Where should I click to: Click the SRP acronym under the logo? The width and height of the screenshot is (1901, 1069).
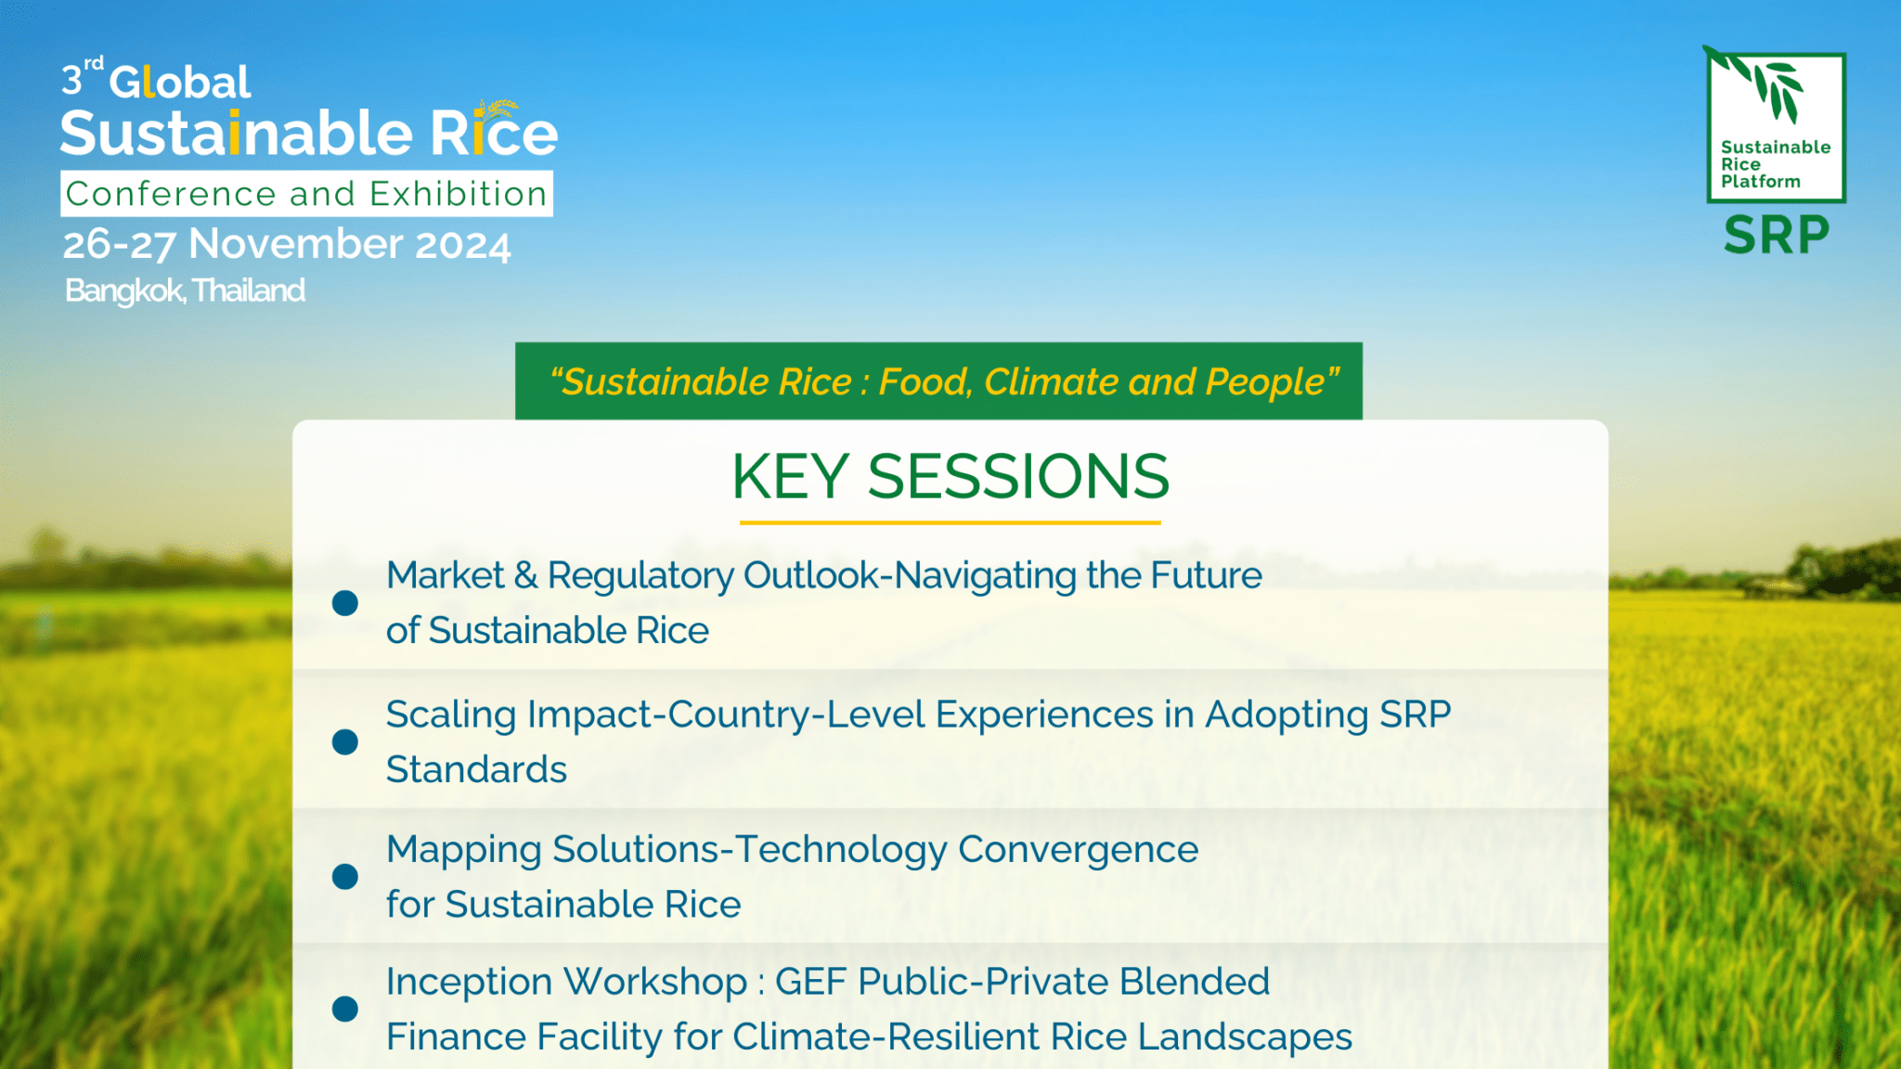click(1776, 235)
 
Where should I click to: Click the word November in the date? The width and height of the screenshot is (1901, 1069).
click(295, 245)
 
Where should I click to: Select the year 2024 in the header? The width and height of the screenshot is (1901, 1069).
click(462, 246)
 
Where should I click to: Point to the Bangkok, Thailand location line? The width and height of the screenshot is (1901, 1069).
click(185, 291)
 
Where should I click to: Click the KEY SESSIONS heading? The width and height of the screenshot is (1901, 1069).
click(950, 477)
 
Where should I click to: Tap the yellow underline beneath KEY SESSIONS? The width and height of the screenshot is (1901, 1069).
click(950, 523)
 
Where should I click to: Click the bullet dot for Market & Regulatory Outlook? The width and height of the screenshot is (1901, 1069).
click(345, 603)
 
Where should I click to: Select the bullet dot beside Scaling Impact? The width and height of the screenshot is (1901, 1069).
click(345, 741)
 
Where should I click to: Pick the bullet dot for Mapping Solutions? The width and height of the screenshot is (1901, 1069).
click(345, 877)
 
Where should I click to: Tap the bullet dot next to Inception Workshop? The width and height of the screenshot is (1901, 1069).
click(345, 1009)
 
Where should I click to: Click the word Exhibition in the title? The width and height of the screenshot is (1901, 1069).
click(458, 194)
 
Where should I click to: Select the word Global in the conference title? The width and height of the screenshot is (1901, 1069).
click(180, 83)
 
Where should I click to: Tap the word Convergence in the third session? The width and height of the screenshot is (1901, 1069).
click(1078, 849)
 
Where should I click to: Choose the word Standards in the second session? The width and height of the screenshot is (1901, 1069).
click(476, 770)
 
